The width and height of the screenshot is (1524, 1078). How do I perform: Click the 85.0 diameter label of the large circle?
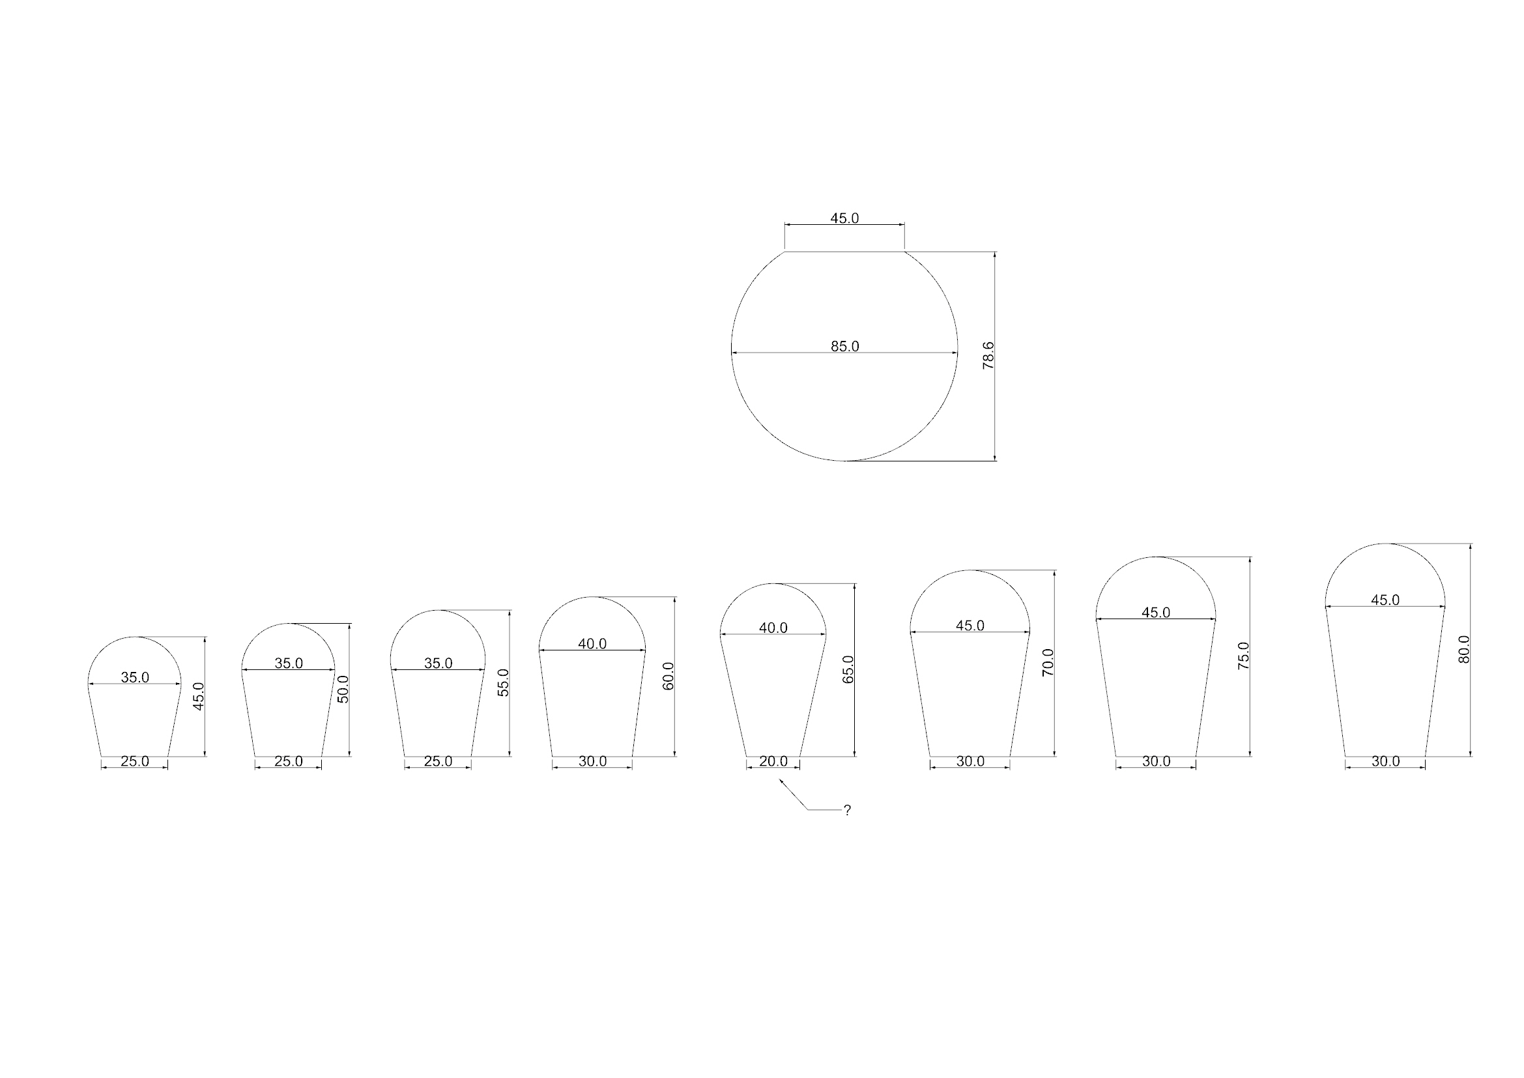845,347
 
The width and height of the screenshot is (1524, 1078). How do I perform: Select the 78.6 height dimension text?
988,355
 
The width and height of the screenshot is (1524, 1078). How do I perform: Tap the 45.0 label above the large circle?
845,218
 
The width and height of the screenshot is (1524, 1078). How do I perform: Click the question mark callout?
847,810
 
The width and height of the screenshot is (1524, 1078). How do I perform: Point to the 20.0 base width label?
773,761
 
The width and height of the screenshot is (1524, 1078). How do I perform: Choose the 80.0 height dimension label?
1465,649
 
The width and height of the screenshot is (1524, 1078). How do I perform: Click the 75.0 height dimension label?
1244,656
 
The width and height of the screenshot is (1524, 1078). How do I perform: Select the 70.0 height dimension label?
1048,662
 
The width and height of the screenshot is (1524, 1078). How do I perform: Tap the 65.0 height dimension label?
848,669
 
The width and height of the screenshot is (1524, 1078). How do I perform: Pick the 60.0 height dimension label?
669,676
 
